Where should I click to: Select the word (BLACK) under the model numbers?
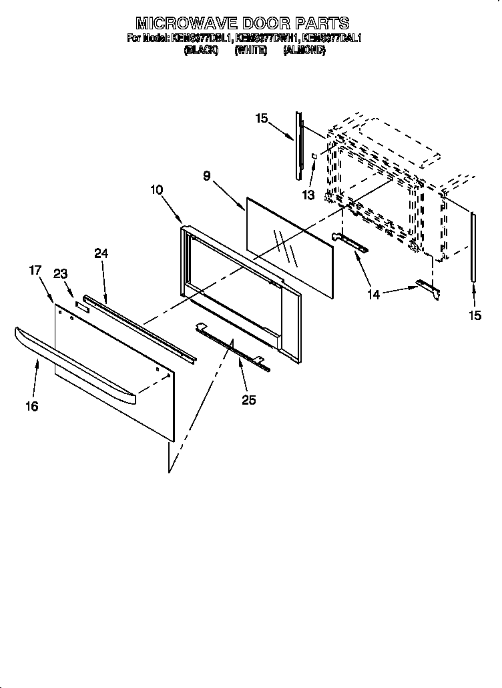coord(200,51)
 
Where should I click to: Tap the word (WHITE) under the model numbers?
coord(250,51)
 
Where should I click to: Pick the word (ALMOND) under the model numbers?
coord(304,51)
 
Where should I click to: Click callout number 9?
coord(207,176)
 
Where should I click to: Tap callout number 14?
coord(374,294)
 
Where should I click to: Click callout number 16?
coord(32,406)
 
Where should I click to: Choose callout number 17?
coord(35,270)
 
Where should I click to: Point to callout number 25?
coord(249,400)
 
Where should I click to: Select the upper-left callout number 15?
coord(261,118)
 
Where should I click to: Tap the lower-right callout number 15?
coord(475,316)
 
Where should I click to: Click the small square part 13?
coord(314,156)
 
